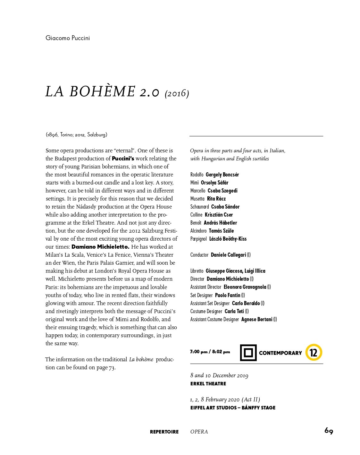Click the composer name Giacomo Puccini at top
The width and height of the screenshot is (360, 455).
click(68, 38)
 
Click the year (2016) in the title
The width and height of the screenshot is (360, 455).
click(177, 94)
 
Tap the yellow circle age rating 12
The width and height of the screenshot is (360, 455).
click(313, 353)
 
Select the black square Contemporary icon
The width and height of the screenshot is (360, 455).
click(248, 353)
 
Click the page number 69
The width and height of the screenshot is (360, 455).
click(329, 431)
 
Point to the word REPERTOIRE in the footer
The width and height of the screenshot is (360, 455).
click(164, 432)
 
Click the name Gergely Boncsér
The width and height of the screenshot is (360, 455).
click(222, 175)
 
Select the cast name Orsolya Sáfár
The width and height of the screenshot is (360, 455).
click(214, 183)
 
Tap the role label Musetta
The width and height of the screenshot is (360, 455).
click(197, 199)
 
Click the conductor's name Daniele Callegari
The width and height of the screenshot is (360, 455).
click(228, 255)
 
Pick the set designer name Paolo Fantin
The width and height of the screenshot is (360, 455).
click(228, 295)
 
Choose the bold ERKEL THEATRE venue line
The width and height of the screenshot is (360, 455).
click(208, 384)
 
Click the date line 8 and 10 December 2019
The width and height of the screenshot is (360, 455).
click(219, 375)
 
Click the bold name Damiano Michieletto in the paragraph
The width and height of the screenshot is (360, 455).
click(100, 247)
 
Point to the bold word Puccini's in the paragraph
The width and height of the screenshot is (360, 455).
click(123, 159)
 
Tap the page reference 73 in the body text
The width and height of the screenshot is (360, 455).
click(112, 367)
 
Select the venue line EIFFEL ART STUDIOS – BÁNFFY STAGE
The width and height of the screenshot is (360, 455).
click(233, 408)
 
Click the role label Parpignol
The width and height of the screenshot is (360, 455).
click(198, 239)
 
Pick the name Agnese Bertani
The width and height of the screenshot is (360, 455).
click(257, 319)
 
